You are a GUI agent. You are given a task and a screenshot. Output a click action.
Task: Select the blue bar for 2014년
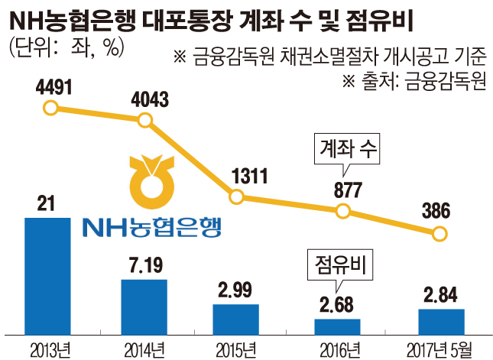click(x=144, y=306)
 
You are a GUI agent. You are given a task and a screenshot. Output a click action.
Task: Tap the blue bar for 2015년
click(x=237, y=319)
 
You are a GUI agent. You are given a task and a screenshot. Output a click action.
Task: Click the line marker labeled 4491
click(x=50, y=108)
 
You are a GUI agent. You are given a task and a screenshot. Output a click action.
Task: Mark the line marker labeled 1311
click(x=237, y=198)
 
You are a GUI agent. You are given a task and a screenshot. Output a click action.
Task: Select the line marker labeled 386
click(x=438, y=234)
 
